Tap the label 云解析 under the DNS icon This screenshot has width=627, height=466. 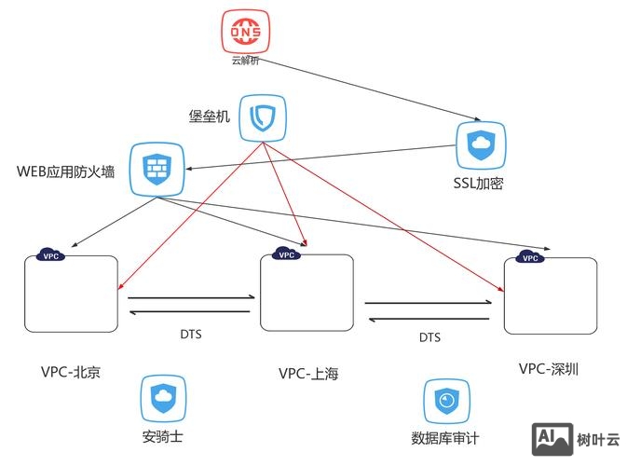(x=247, y=62)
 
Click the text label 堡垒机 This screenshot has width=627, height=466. (x=209, y=116)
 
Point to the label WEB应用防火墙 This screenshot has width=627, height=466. (x=66, y=172)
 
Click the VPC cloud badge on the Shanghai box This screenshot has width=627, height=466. (x=286, y=254)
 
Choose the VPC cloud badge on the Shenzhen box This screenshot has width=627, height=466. (x=528, y=257)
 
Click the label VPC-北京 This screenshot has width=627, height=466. (x=70, y=372)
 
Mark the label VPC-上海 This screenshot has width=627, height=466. (x=308, y=374)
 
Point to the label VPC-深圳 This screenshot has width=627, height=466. (x=549, y=369)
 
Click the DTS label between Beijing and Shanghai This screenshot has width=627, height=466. (x=190, y=334)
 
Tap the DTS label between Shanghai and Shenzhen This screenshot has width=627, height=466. (x=429, y=337)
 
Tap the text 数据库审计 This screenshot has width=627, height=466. (x=444, y=438)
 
